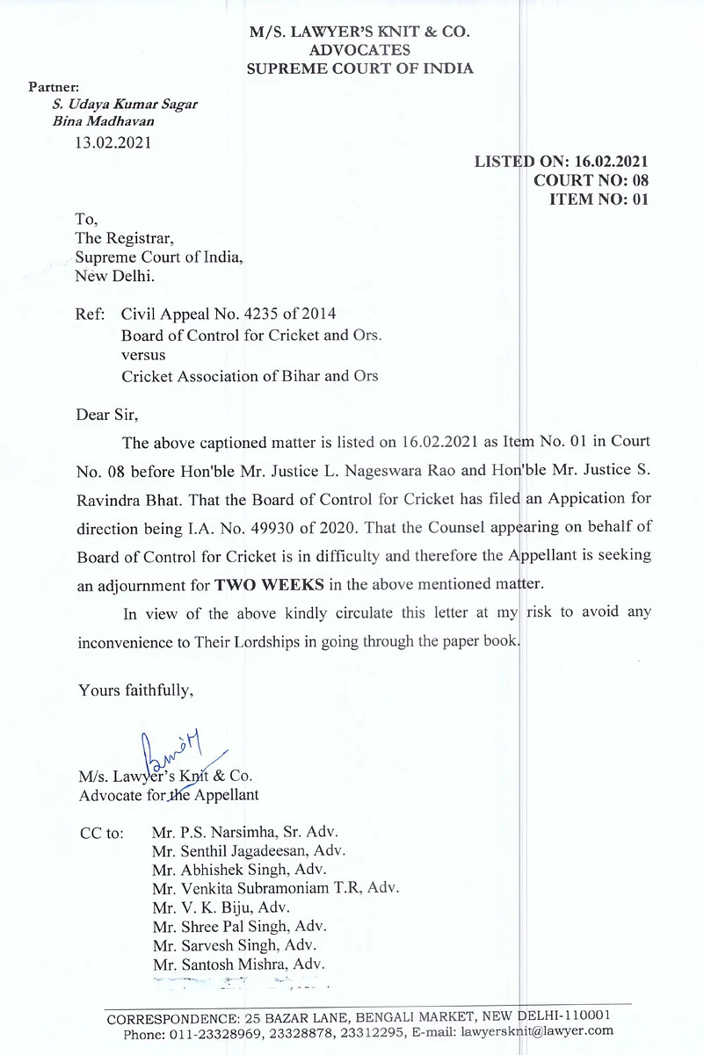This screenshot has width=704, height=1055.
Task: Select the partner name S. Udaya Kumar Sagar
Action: [125, 104]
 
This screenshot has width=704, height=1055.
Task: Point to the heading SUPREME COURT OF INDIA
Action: [359, 69]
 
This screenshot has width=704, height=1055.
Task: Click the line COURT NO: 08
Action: [591, 180]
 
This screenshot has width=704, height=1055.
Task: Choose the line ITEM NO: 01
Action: [598, 199]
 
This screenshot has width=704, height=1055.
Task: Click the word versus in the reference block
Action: [142, 355]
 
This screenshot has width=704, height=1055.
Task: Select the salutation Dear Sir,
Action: [107, 413]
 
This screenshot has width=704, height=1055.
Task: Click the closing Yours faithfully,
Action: [135, 690]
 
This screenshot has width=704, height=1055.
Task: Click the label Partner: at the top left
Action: [54, 87]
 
